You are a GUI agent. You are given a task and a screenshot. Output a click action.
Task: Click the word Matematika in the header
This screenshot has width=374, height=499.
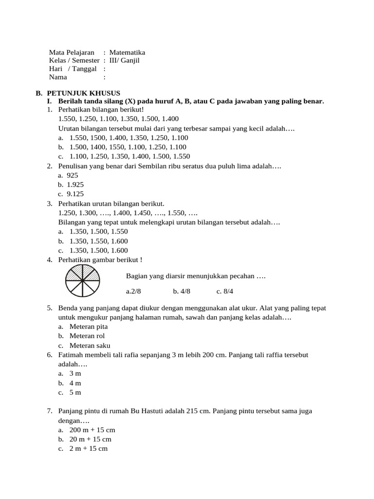point(127,52)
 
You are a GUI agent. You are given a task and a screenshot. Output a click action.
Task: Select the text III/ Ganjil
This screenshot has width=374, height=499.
point(124,60)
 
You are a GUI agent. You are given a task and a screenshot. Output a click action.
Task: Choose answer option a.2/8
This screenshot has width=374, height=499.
point(133,292)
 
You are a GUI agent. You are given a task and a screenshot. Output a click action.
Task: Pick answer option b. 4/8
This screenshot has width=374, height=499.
point(181,292)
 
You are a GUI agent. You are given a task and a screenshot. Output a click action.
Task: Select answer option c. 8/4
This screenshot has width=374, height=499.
point(225,292)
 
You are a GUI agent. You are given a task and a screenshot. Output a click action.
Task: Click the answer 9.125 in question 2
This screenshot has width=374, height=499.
point(75,194)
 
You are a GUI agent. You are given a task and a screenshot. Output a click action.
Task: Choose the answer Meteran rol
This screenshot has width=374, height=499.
point(87,336)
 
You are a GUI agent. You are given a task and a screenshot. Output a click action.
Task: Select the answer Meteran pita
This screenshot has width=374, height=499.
point(89,326)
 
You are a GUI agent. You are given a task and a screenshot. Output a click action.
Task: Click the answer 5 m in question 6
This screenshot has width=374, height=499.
point(75,392)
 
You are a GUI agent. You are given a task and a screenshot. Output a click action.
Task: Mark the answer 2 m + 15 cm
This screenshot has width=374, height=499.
point(88,448)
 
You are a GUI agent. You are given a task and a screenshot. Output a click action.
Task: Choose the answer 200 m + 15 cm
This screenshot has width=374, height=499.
point(92,430)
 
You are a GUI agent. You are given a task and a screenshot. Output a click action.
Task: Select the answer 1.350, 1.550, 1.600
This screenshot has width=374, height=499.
point(98,241)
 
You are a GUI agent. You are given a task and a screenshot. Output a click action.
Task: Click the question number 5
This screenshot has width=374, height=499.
point(50,308)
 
